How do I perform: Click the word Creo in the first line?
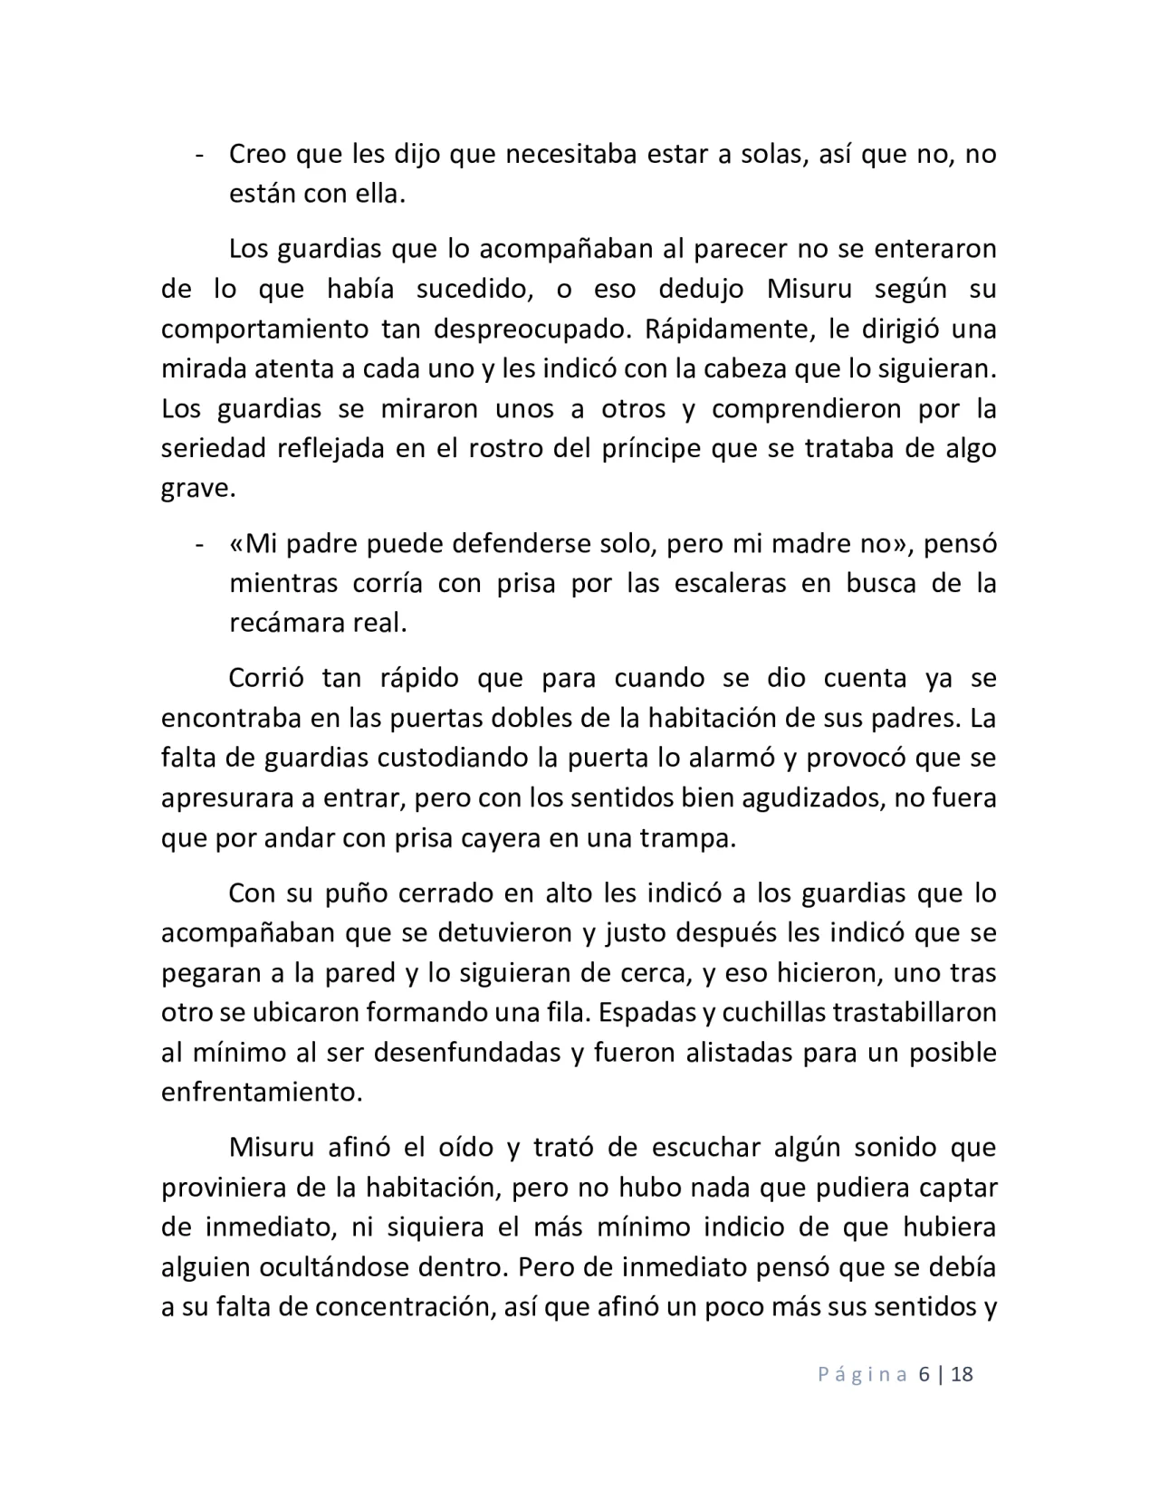(x=258, y=154)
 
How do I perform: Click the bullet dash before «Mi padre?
(x=197, y=545)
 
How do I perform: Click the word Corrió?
(x=263, y=678)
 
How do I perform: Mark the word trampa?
(x=692, y=838)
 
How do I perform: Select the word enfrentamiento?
(x=261, y=1093)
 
